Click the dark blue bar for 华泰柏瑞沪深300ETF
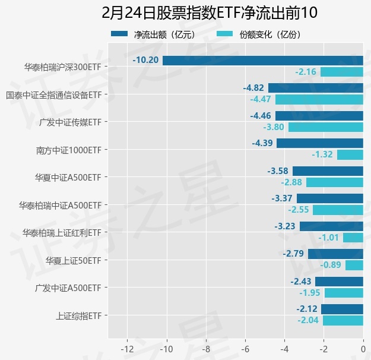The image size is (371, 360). click(262, 60)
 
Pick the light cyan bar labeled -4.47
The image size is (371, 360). click(319, 99)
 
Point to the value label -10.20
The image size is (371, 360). click(146, 60)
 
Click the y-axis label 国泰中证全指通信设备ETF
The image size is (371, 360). click(53, 94)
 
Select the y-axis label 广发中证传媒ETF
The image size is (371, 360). click(70, 122)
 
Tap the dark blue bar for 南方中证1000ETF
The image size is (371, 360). click(320, 143)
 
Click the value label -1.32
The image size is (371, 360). click(322, 154)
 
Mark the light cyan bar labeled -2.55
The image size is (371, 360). click(338, 210)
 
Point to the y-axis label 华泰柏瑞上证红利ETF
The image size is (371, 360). click(62, 232)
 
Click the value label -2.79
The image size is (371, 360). click(293, 254)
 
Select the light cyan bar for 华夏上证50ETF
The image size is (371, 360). click(354, 265)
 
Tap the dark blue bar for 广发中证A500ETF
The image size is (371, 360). click(339, 281)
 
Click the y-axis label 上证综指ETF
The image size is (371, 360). click(78, 315)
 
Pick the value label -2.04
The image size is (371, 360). click(309, 320)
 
